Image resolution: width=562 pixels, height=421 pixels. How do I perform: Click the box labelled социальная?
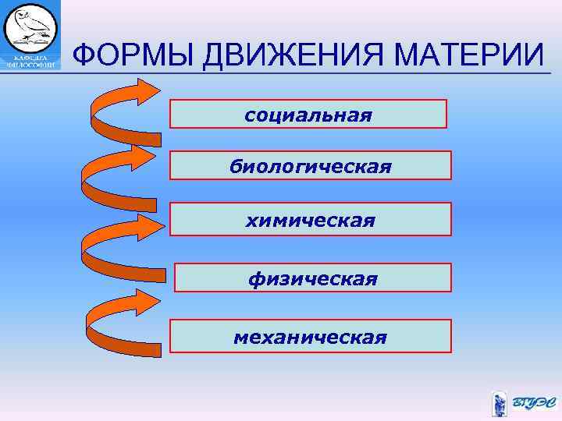coord(308,114)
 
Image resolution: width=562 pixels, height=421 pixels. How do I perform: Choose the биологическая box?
coord(310,165)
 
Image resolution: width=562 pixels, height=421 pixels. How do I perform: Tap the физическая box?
coord(312,278)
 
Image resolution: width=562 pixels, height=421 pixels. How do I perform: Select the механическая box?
coord(310,336)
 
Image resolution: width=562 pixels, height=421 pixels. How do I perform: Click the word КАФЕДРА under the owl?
coord(30,57)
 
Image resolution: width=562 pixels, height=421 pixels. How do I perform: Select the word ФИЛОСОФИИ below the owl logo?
coord(30,65)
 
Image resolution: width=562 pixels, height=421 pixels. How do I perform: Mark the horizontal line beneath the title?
coord(312,73)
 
